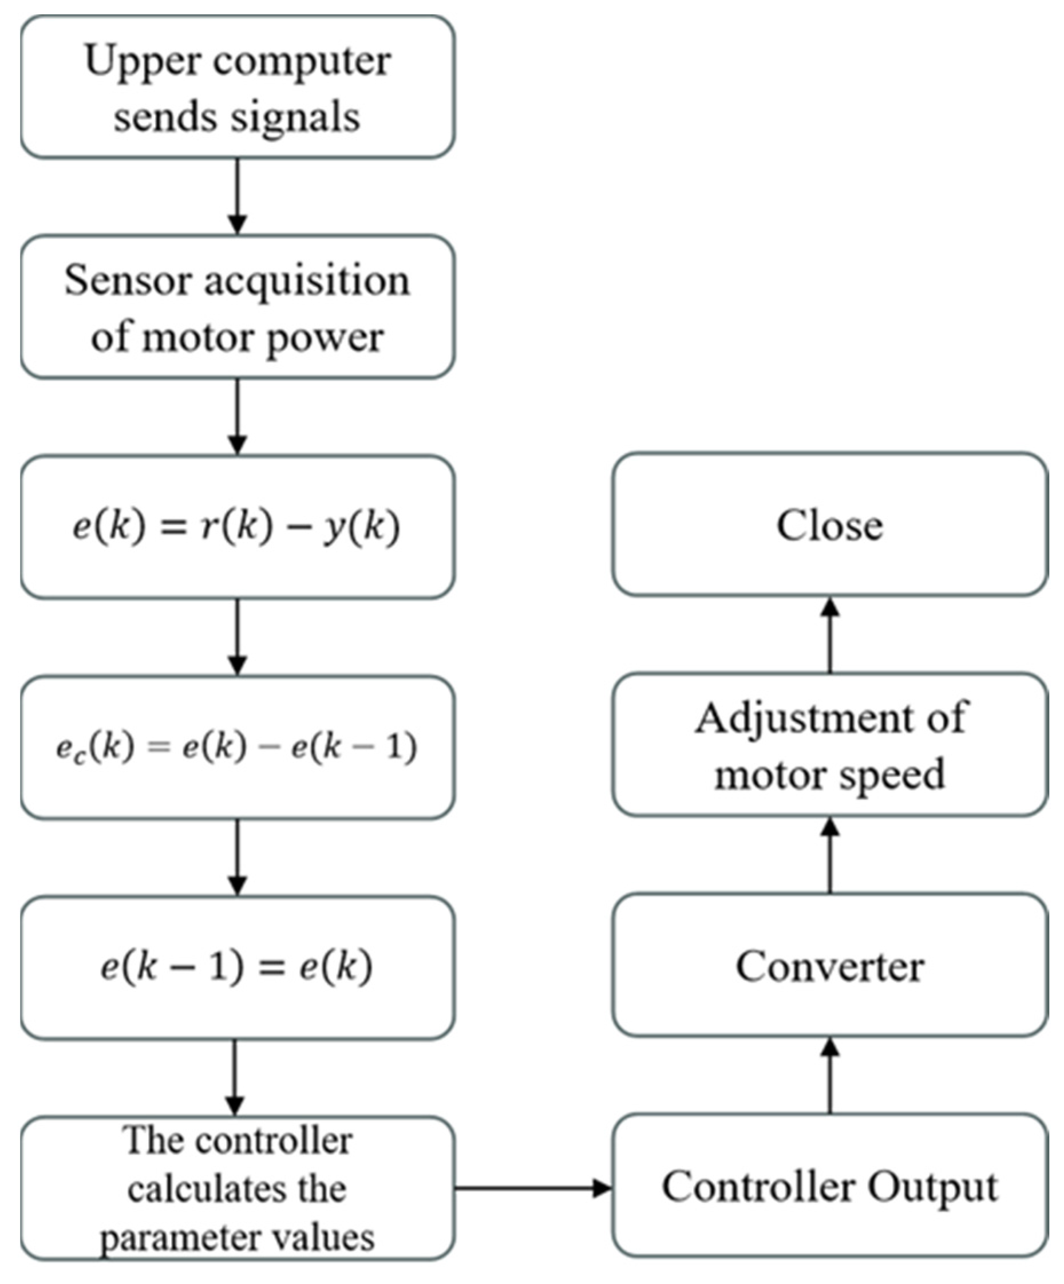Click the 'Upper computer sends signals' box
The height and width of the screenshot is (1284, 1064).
pyautogui.click(x=238, y=87)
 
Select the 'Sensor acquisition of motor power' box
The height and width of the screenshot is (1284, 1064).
pyautogui.click(x=238, y=307)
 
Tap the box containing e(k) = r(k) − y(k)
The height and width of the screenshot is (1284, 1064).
pyautogui.click(x=238, y=527)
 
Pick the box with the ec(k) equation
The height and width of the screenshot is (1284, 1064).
pyautogui.click(x=238, y=747)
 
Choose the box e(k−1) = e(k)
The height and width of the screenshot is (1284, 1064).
pyautogui.click(x=238, y=967)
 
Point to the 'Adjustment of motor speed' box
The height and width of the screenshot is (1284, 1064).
pyautogui.click(x=830, y=745)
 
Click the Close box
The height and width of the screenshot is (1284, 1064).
pyautogui.click(x=830, y=524)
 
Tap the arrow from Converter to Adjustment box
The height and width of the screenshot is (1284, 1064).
pyautogui.click(x=830, y=856)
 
